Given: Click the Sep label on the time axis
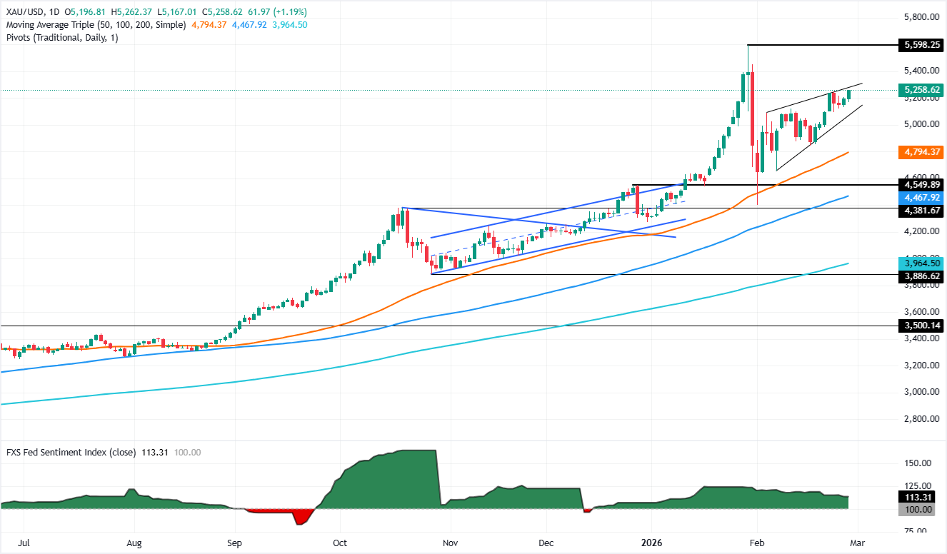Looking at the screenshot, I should coord(235,543).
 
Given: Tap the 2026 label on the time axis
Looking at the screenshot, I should coord(651,543).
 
